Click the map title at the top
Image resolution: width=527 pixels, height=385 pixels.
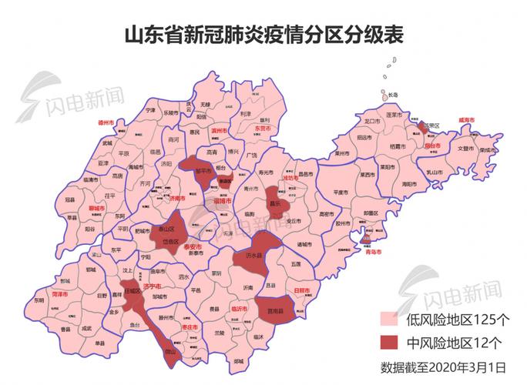(x=263, y=35)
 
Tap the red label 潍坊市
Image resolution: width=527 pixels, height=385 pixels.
(x=291, y=178)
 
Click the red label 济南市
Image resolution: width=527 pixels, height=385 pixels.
(x=176, y=198)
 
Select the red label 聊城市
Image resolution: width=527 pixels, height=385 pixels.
(x=98, y=208)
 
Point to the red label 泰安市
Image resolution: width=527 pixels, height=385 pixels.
(x=193, y=246)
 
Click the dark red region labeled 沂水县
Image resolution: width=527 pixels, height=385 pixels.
(x=253, y=255)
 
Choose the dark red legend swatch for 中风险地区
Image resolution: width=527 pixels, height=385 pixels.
(x=392, y=341)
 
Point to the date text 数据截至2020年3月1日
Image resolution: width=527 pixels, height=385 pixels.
(x=443, y=366)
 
